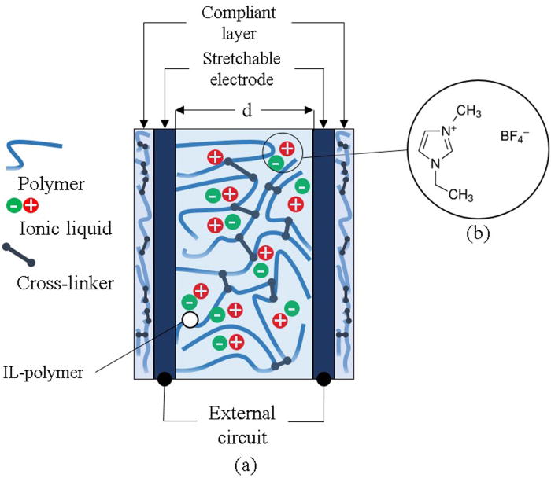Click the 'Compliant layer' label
[x=243, y=25]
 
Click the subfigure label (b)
[x=473, y=232]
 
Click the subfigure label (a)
[x=243, y=464]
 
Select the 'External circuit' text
[x=243, y=425]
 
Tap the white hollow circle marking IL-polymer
[x=189, y=319]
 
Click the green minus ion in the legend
[x=13, y=206]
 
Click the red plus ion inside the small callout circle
[x=287, y=148]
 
